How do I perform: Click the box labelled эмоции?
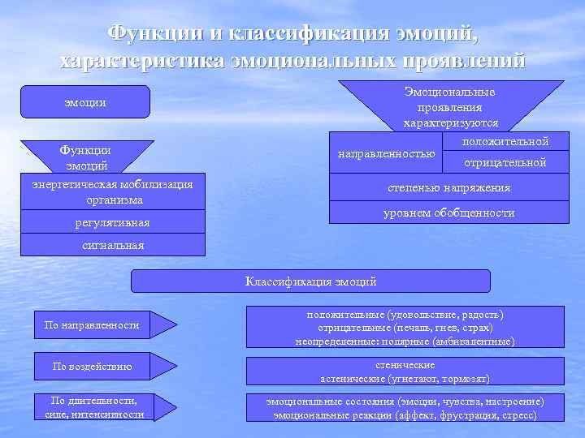pyautogui.click(x=85, y=102)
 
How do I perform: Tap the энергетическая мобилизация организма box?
pyautogui.click(x=111, y=191)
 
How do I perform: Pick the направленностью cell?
pyautogui.click(x=386, y=152)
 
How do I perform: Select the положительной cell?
pyautogui.click(x=505, y=142)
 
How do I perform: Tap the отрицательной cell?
pyautogui.click(x=505, y=163)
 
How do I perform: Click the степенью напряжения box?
pyautogui.click(x=448, y=187)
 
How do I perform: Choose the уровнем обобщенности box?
pyautogui.click(x=448, y=213)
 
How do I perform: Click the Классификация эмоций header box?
pyautogui.click(x=311, y=281)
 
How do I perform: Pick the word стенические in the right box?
pyautogui.click(x=405, y=365)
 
